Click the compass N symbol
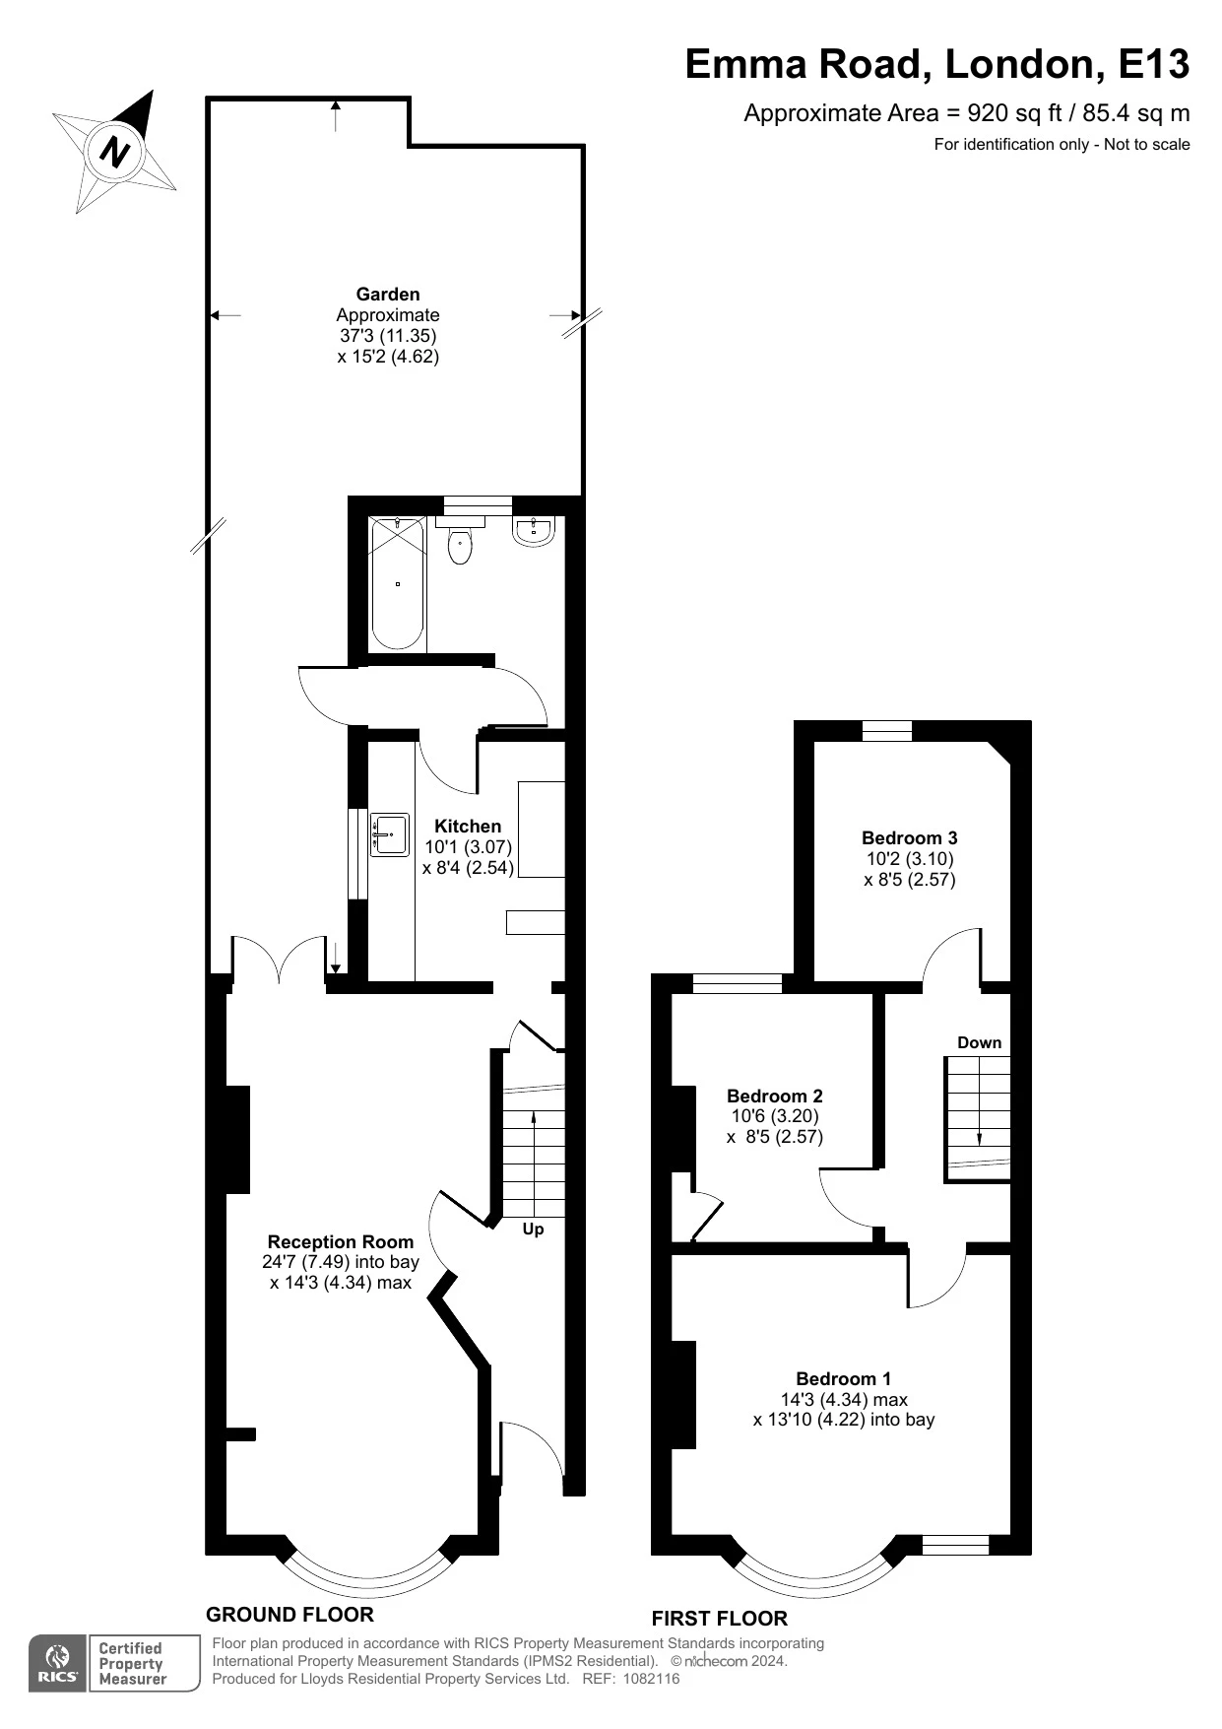[x=116, y=152]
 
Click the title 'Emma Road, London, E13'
[x=936, y=65]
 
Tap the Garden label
[x=388, y=294]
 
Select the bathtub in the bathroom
[x=398, y=583]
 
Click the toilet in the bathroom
[x=460, y=546]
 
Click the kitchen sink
[x=390, y=834]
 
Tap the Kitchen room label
[x=468, y=826]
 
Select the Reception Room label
[x=341, y=1241]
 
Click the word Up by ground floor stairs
[x=533, y=1229]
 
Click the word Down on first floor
[x=979, y=1042]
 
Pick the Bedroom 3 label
[x=909, y=837]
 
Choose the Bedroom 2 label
[x=774, y=1096]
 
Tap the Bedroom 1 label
[x=844, y=1378]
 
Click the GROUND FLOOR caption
[x=289, y=1614]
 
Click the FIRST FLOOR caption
[x=719, y=1618]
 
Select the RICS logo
[x=58, y=1664]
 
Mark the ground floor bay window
[x=366, y=1574]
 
